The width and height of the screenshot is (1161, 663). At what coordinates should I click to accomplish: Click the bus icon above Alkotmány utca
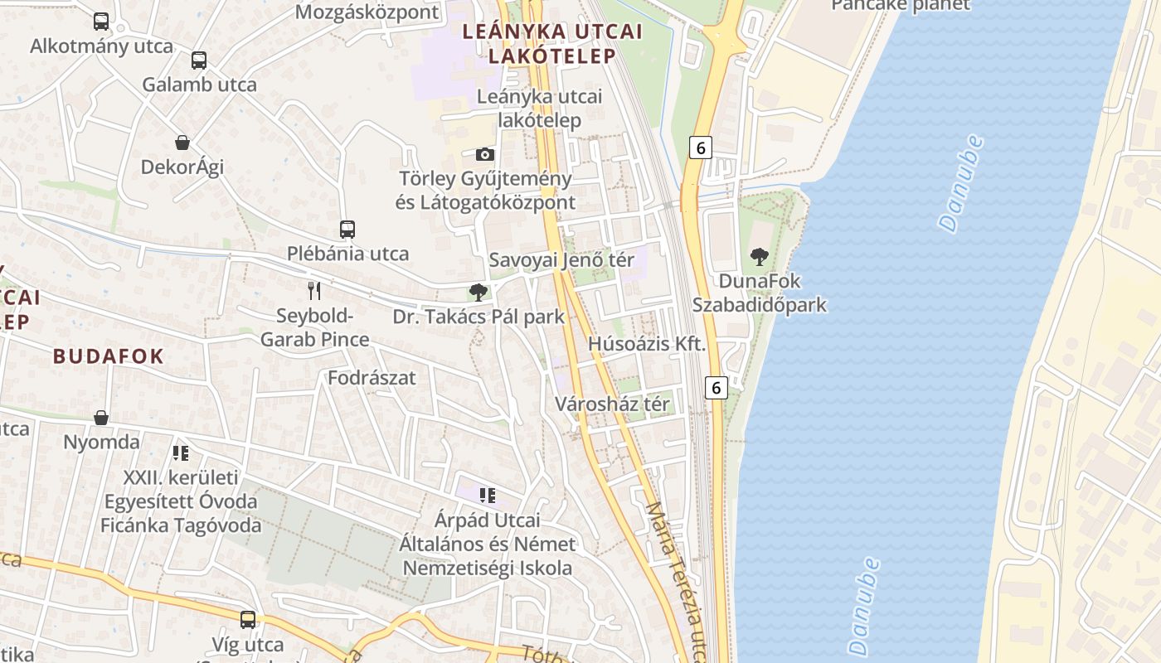pyautogui.click(x=101, y=22)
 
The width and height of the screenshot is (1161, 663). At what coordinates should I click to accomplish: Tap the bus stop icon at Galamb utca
pyautogui.click(x=199, y=60)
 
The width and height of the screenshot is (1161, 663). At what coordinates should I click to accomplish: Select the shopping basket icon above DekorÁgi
pyautogui.click(x=182, y=143)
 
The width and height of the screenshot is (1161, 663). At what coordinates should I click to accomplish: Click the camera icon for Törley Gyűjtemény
pyautogui.click(x=485, y=154)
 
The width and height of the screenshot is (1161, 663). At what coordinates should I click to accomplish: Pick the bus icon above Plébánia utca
pyautogui.click(x=347, y=230)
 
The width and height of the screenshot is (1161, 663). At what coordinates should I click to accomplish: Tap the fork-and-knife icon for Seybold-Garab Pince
pyautogui.click(x=314, y=290)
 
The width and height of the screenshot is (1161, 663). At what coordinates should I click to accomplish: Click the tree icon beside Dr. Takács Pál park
pyautogui.click(x=478, y=292)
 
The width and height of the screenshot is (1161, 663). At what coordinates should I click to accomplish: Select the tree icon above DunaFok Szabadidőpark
pyautogui.click(x=759, y=257)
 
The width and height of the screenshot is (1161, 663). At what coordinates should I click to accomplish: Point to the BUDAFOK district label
pyautogui.click(x=109, y=356)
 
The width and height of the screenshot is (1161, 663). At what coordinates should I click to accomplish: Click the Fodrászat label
pyautogui.click(x=372, y=378)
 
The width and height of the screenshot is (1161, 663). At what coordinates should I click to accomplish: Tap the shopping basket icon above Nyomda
pyautogui.click(x=101, y=417)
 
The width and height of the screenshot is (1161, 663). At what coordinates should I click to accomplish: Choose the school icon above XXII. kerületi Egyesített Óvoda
pyautogui.click(x=181, y=453)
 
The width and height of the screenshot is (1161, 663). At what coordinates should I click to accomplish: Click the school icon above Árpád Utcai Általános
pyautogui.click(x=488, y=496)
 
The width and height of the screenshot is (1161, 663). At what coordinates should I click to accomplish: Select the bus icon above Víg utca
pyautogui.click(x=248, y=619)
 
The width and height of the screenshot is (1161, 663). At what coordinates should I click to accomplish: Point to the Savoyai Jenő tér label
pyautogui.click(x=561, y=259)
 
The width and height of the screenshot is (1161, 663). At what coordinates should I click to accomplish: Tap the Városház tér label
pyautogui.click(x=612, y=404)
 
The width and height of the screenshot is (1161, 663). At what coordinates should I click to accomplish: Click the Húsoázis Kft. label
pyautogui.click(x=647, y=343)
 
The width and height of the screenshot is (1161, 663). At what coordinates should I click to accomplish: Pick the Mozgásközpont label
pyautogui.click(x=367, y=12)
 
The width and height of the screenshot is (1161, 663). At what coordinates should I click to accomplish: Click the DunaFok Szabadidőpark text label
pyautogui.click(x=760, y=293)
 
